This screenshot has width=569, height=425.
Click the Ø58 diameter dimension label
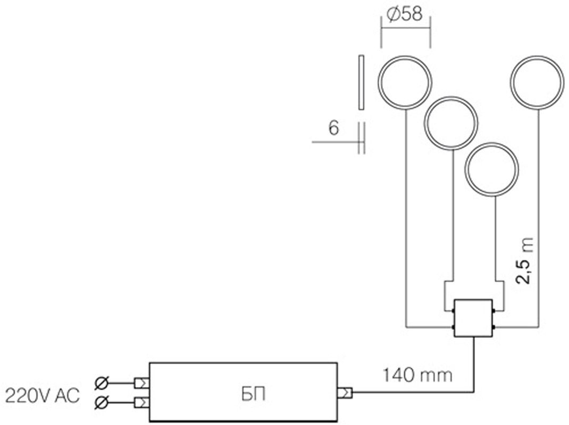[405, 14]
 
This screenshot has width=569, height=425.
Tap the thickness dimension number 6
[333, 128]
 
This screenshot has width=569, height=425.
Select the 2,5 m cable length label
[525, 260]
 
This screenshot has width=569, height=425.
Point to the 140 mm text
[417, 375]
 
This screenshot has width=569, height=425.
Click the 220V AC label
[42, 396]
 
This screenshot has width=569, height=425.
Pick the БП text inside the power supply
[253, 395]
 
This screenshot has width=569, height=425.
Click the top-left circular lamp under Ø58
[405, 82]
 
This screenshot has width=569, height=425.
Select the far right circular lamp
[537, 82]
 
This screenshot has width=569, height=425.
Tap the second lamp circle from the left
[451, 123]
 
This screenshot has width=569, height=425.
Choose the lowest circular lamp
[492, 169]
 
